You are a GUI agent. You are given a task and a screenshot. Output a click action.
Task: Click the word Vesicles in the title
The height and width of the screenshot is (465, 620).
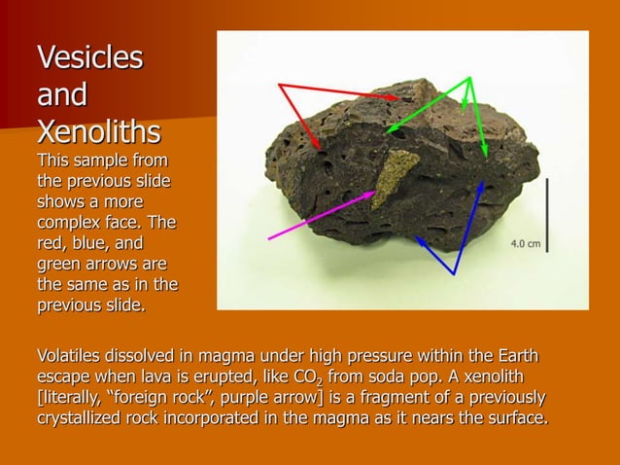tap(89, 57)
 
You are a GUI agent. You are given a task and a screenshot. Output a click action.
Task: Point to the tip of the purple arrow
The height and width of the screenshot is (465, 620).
tap(375, 193)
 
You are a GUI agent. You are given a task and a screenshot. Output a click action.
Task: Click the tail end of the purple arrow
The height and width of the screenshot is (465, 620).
tap(269, 238)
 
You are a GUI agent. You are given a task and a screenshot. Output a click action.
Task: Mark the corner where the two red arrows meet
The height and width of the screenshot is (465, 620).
tap(280, 85)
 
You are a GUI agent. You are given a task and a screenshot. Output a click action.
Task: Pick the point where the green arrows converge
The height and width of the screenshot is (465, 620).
tap(470, 78)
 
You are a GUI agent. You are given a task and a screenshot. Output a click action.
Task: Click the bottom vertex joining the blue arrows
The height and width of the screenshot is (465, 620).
tap(454, 274)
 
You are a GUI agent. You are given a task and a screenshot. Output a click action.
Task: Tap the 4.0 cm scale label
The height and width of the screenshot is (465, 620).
tap(526, 243)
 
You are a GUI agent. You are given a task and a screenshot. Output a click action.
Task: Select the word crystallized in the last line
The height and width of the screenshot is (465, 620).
tap(85, 419)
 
